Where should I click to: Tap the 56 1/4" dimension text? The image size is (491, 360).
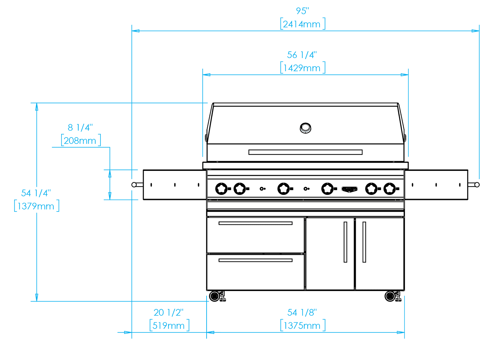click(x=302, y=55)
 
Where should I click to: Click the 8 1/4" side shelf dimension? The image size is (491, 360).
click(x=80, y=127)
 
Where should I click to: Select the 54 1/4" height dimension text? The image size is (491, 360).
click(x=36, y=193)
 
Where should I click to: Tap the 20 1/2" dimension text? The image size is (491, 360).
click(x=169, y=313)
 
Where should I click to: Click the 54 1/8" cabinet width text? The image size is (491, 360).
click(x=302, y=313)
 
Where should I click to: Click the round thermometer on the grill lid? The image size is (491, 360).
click(x=305, y=128)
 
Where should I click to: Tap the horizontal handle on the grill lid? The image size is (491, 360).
click(x=305, y=152)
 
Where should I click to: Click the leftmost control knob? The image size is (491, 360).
click(x=221, y=189)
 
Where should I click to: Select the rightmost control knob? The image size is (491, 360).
click(x=390, y=189)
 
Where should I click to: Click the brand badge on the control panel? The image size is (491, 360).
click(x=349, y=189)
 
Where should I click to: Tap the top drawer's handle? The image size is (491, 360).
click(x=255, y=223)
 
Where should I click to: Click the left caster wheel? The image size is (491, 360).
click(x=215, y=296)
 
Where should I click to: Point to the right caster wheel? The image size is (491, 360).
click(x=390, y=296)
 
